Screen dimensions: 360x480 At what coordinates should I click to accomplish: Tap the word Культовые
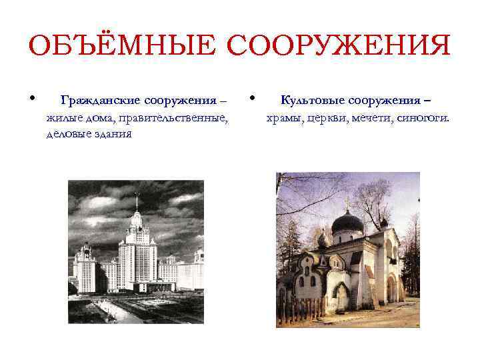(x=313, y=101)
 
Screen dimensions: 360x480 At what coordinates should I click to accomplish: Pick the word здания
(x=113, y=134)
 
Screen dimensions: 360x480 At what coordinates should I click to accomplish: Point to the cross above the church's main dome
(x=347, y=203)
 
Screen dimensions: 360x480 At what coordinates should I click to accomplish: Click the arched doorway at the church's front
(x=342, y=297)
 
